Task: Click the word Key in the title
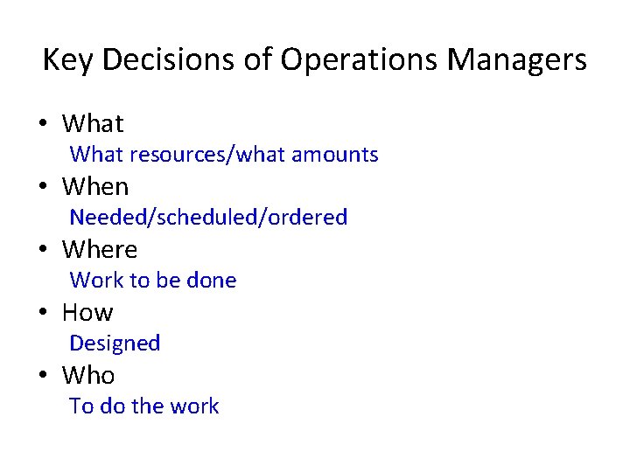click(66, 60)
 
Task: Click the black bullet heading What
click(93, 123)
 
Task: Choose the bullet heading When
click(95, 186)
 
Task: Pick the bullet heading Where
click(100, 249)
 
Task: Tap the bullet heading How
click(87, 312)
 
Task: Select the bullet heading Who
click(88, 375)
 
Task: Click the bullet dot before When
click(42, 187)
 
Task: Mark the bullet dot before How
click(42, 313)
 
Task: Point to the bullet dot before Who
click(42, 376)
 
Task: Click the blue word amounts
click(335, 155)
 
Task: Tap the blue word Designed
click(115, 344)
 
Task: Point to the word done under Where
click(213, 280)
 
